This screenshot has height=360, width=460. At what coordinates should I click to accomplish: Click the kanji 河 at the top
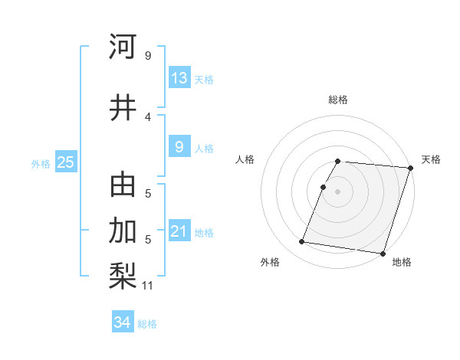(123, 47)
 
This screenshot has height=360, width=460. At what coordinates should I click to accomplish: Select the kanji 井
(123, 107)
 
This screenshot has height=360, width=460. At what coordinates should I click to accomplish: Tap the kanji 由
(123, 185)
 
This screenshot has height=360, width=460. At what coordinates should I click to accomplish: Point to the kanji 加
(123, 230)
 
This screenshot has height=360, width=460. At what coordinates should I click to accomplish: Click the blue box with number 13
(179, 78)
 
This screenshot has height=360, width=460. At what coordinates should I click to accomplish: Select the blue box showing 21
(179, 231)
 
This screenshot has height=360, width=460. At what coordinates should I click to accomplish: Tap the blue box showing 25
(65, 162)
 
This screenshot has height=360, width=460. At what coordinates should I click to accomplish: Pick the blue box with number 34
(122, 322)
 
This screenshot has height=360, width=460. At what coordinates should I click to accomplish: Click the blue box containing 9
(179, 147)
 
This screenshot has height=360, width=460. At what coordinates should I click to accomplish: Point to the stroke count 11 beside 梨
(149, 286)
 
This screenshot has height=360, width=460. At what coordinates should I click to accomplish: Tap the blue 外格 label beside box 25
(41, 163)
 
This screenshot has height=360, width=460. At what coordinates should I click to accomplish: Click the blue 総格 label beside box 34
(147, 323)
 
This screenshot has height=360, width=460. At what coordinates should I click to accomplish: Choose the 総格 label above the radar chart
(338, 100)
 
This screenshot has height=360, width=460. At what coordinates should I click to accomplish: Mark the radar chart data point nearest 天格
(410, 168)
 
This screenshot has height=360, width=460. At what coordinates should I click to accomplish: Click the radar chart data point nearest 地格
(383, 254)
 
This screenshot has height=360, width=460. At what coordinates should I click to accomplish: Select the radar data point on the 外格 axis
(301, 242)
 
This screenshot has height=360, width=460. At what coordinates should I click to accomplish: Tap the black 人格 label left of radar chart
(245, 159)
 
